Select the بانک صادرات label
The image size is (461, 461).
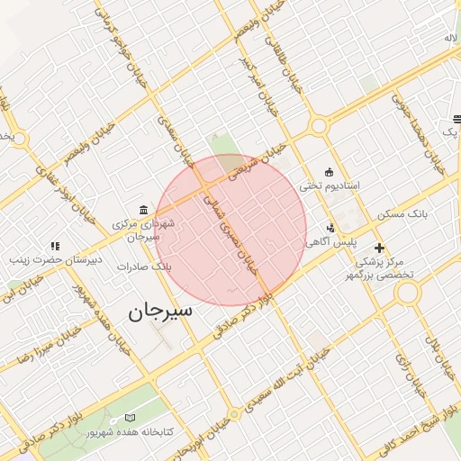149,267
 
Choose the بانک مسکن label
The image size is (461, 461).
402,214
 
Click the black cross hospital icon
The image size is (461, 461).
379,247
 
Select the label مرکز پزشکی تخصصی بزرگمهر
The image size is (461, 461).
387,268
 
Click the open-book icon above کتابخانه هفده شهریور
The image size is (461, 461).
131,418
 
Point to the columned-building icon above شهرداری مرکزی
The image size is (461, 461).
144,208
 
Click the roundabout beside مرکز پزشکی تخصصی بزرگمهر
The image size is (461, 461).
409,293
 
